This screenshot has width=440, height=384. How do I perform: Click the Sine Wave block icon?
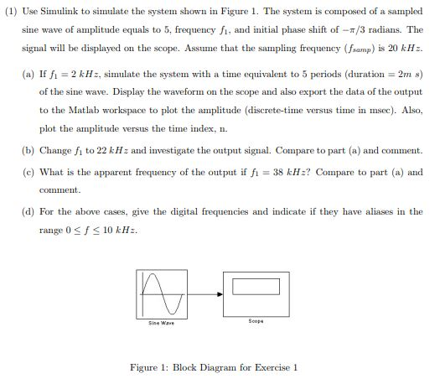(x=157, y=293)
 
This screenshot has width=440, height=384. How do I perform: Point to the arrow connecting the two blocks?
(x=201, y=294)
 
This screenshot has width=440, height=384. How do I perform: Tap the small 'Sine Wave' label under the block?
(x=157, y=322)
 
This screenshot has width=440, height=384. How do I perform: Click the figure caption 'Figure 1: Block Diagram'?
(x=215, y=367)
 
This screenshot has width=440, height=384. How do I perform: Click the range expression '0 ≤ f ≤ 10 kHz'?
(x=98, y=230)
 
